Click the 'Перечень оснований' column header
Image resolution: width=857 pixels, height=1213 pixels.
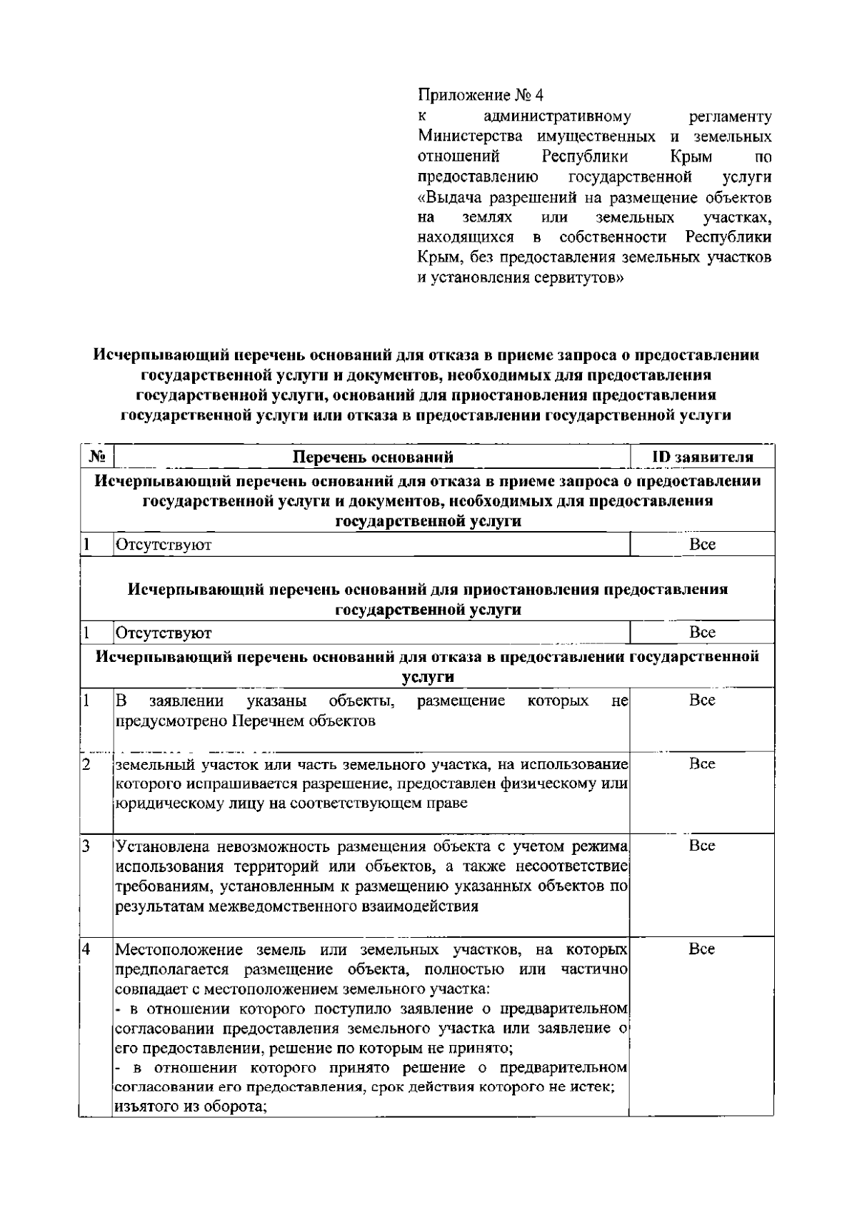[x=373, y=457]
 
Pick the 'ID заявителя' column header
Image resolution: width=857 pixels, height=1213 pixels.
[x=702, y=457]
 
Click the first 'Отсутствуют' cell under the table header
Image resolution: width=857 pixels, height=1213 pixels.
[x=164, y=545]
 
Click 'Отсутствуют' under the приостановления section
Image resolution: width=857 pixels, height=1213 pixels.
[x=164, y=633]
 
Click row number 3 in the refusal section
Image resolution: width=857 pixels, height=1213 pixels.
[x=85, y=847]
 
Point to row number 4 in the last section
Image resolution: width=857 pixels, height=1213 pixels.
[x=86, y=949]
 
